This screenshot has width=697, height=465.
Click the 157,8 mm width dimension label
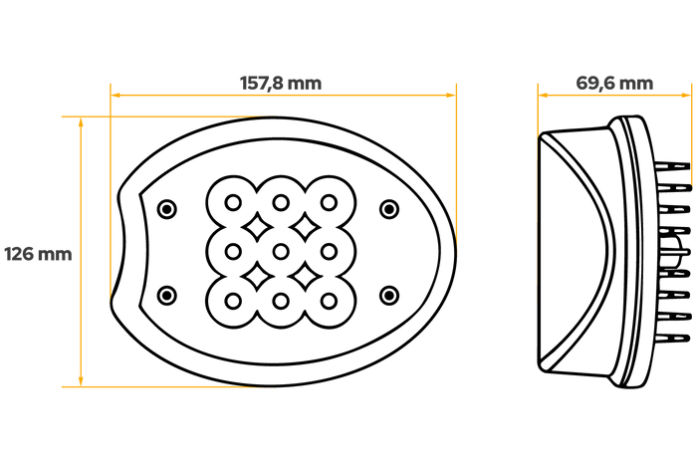[281, 83]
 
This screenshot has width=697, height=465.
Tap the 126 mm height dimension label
[38, 254]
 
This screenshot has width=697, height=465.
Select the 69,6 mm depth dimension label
[614, 83]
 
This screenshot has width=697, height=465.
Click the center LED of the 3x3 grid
[281, 252]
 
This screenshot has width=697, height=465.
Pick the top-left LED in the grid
[233, 203]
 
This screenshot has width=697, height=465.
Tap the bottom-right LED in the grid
[329, 301]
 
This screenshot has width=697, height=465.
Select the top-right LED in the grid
[329, 203]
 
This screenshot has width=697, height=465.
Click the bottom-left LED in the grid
[233, 301]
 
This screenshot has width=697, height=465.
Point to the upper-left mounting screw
[167, 208]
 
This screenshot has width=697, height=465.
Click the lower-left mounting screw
[167, 295]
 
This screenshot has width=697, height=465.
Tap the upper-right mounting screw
[389, 208]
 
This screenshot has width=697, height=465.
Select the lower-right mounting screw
[389, 295]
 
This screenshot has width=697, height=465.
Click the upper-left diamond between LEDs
[257, 227]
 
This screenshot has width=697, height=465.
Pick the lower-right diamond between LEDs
[305, 277]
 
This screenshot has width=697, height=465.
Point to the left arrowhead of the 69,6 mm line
[544, 95]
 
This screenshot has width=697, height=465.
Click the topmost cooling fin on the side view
[672, 167]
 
